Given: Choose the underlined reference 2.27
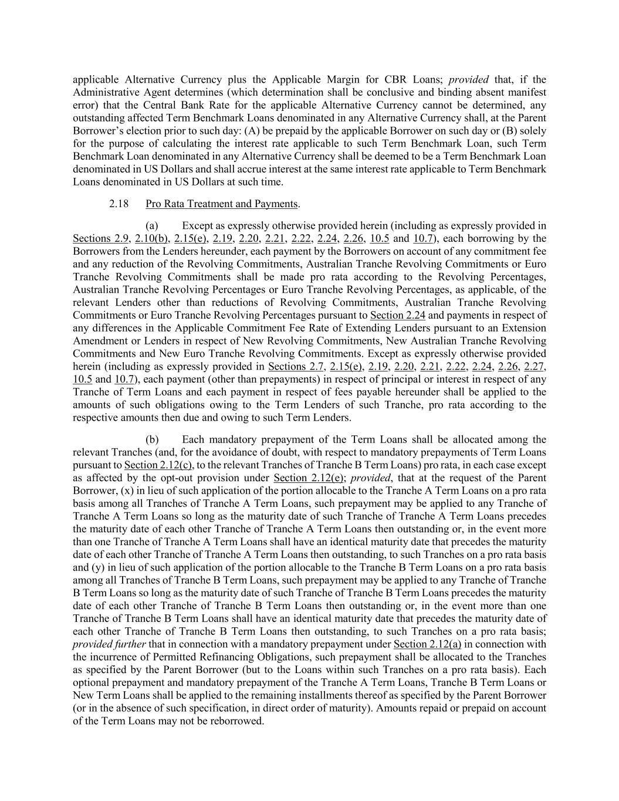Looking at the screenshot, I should (535, 366).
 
